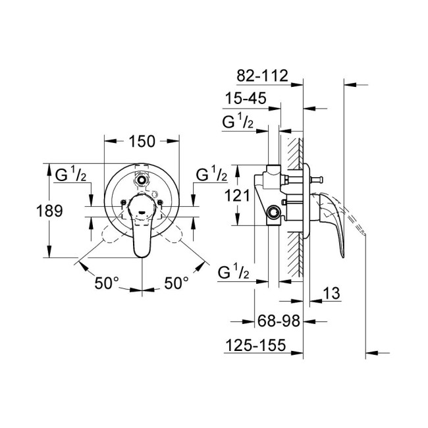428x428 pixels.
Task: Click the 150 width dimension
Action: pos(142,142)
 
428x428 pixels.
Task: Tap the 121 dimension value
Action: pos(235,196)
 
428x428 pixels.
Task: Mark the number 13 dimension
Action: pos(331,294)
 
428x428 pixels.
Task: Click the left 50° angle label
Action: pos(107,283)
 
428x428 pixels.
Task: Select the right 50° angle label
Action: pos(176,283)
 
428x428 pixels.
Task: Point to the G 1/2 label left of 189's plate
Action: pos(68,175)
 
